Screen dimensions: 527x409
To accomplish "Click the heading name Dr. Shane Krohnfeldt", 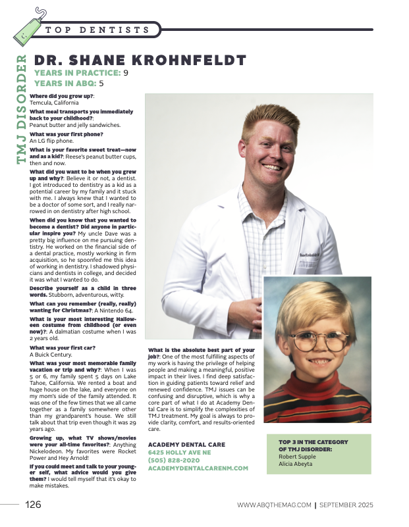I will click(x=140, y=61).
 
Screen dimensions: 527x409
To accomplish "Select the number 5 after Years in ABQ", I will click(x=101, y=84).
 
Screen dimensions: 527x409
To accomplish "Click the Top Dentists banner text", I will click(x=98, y=30).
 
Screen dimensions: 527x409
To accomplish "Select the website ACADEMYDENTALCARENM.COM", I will click(x=198, y=468).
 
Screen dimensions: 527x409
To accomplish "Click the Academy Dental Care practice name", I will click(x=186, y=444).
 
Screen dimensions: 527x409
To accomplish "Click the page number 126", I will click(x=34, y=505).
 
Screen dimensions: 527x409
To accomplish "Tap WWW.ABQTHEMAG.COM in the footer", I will click(x=274, y=505).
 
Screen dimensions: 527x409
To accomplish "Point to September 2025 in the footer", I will click(x=346, y=505).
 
